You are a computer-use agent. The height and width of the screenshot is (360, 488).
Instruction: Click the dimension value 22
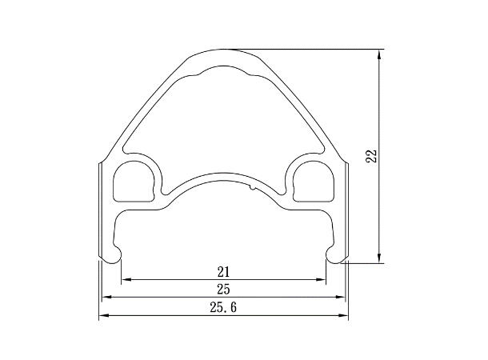point(372,156)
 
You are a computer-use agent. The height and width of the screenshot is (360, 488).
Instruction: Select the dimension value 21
point(223,272)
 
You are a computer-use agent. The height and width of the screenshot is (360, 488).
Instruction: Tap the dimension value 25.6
point(223,308)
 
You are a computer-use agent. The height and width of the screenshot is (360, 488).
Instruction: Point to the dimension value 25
point(223,290)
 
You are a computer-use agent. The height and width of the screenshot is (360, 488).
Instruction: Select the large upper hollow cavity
point(224,125)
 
